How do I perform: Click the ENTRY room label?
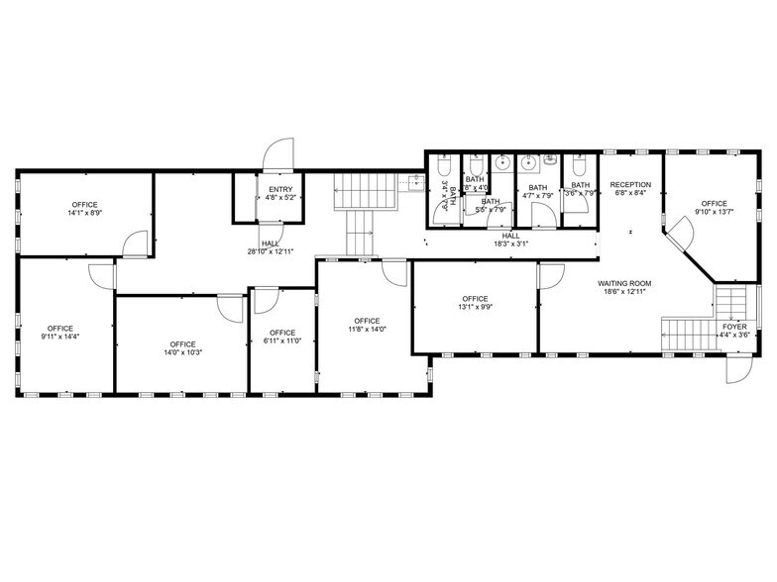coord(280,189)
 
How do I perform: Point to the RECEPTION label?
coord(630,185)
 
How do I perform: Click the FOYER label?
coord(734,326)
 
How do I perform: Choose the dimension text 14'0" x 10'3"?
coord(182,352)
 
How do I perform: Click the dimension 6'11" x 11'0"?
coord(282,340)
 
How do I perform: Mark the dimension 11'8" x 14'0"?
coord(367,330)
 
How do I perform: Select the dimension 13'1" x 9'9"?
coord(475,308)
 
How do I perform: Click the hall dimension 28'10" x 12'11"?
coord(270,251)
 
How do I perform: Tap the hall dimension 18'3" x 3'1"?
coord(510,243)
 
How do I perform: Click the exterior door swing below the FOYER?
coord(738,371)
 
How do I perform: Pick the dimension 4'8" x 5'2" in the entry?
coord(280,198)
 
